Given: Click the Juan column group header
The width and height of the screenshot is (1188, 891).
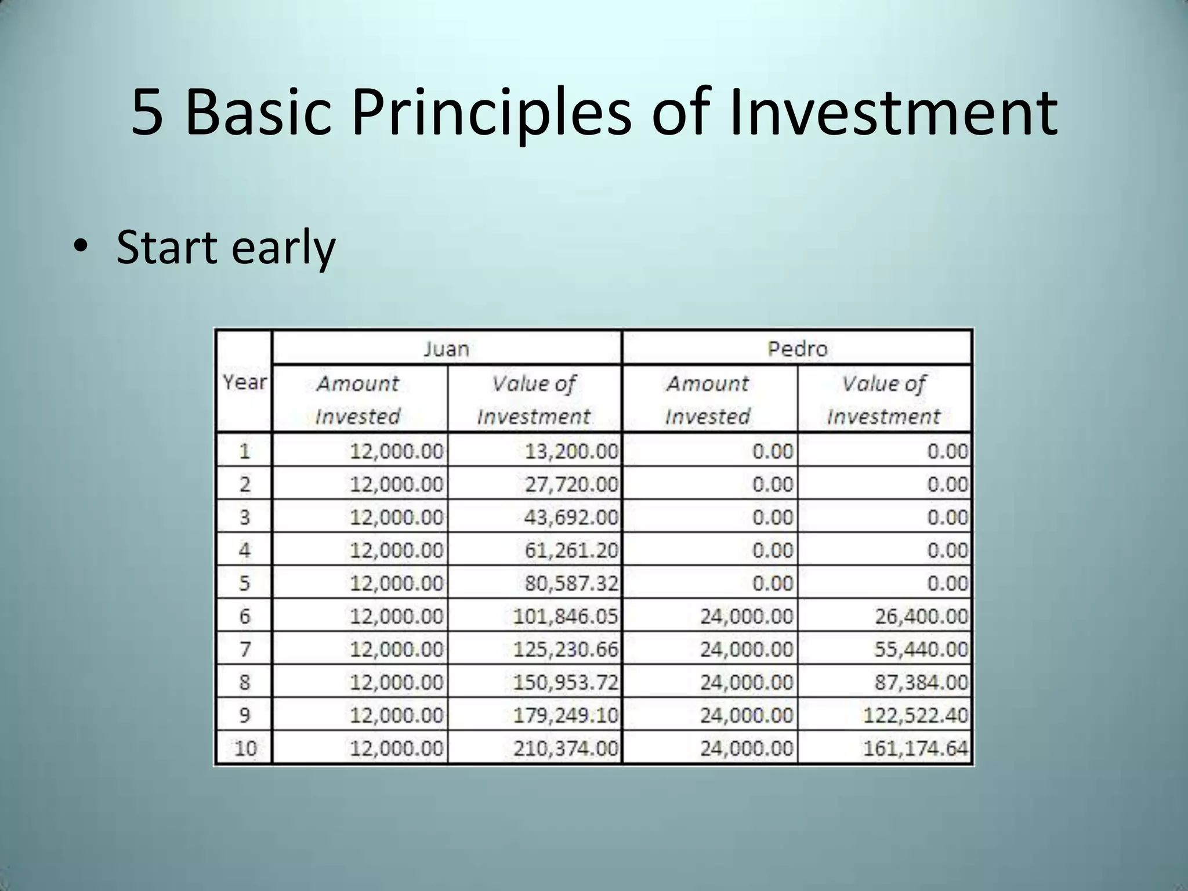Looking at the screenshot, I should coord(445,349).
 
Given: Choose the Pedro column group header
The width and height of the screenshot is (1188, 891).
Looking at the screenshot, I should coord(797,349).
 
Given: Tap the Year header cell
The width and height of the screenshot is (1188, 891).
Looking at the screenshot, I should coord(244,382).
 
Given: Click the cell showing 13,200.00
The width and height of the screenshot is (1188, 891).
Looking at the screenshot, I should coord(571,451).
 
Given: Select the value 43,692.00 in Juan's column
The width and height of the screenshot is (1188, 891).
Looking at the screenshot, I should coord(571,517).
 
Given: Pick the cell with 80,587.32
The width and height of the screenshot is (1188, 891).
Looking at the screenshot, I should coord(571,583).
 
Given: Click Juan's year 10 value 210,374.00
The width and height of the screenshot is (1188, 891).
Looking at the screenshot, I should coord(566,748).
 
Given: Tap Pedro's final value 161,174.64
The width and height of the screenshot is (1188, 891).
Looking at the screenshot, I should coord(915,748).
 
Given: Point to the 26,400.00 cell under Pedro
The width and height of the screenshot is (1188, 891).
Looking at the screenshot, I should coord(921,616).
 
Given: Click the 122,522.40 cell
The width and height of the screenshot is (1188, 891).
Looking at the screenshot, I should coord(915,715).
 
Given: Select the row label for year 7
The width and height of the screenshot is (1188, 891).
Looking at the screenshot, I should coord(245,649).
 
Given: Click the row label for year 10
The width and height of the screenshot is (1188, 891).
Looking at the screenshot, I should coord(245,748).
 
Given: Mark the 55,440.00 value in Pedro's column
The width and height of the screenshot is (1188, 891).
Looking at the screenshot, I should coord(921,649).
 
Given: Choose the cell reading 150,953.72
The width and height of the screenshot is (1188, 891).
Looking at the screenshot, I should coord(566,682).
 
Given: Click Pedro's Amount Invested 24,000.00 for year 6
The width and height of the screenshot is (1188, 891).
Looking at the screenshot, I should coord(746,616).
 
